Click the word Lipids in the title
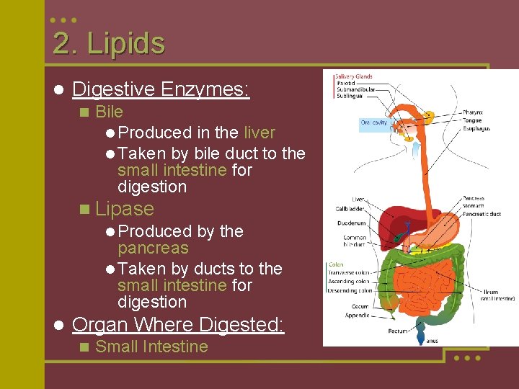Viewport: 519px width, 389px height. pos(125,44)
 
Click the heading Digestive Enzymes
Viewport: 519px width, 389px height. pos(161,89)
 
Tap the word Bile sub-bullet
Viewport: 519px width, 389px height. pos(109,112)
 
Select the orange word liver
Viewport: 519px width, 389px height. pos(259,133)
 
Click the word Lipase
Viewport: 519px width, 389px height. pos(124,209)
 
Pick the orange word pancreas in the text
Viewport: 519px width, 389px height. pos(153,249)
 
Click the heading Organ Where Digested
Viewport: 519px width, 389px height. pos(178,324)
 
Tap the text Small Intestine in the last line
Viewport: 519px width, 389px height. pos(151,346)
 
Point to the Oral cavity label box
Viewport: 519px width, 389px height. pos(375,122)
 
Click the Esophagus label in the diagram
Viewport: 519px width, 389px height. pos(476,128)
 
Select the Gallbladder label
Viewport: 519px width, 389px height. pos(350,209)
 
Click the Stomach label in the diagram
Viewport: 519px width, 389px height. pos(474,206)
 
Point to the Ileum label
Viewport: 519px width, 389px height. pos(492,292)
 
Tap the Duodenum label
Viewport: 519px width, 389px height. pos(351,223)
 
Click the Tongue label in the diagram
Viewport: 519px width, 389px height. pos(472,120)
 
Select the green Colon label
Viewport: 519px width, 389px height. pos(335,264)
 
